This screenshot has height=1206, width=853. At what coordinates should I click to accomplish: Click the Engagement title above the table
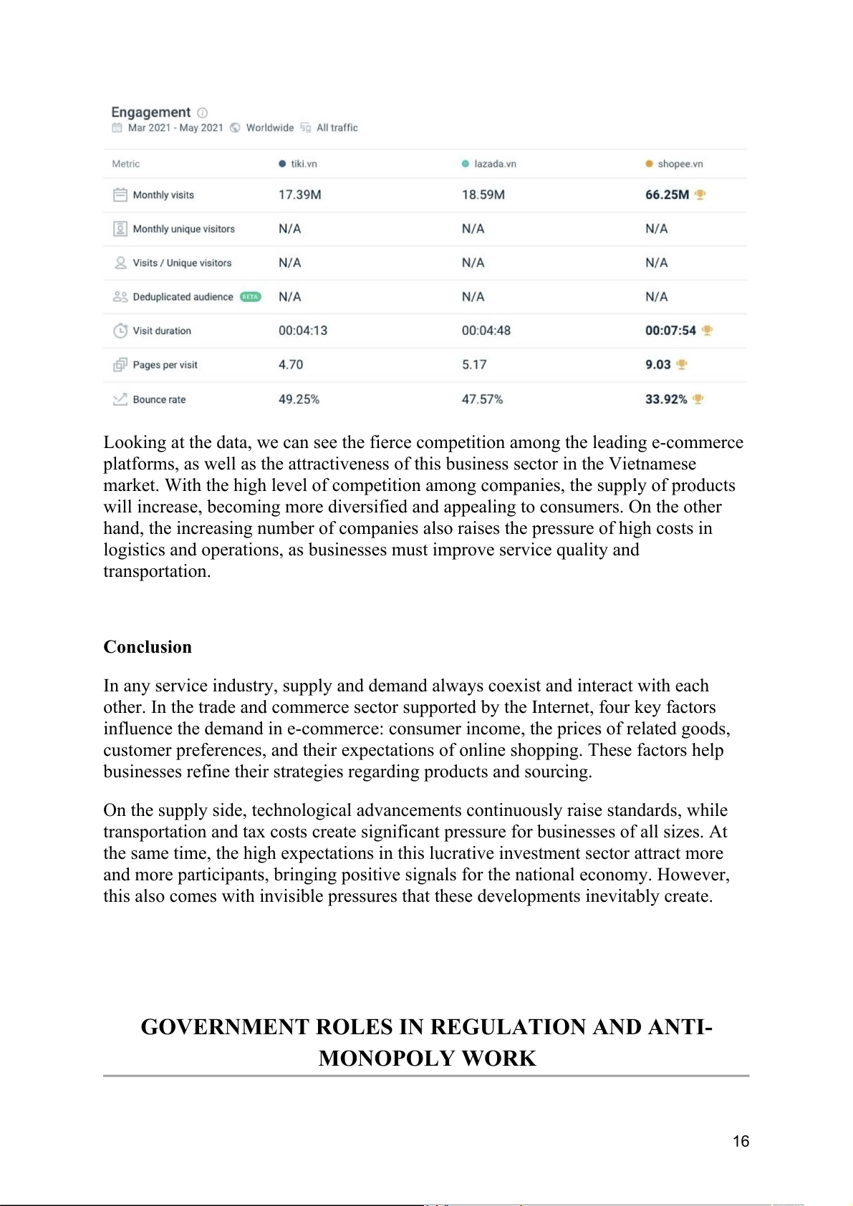(151, 112)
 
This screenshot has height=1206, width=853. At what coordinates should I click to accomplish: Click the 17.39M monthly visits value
(299, 195)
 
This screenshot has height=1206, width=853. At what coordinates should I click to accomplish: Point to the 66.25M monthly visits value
(667, 195)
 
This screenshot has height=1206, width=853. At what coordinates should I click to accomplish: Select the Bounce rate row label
(159, 399)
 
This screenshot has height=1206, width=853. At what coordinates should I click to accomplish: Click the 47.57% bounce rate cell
(482, 399)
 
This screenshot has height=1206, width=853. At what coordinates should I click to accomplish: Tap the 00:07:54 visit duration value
(670, 331)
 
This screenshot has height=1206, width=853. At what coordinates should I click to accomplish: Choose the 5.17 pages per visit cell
(474, 365)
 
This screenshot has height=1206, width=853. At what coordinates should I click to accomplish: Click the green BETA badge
(250, 297)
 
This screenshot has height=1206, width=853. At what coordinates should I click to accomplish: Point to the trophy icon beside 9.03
(682, 364)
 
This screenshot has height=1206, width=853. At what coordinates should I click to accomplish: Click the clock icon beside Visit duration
(120, 331)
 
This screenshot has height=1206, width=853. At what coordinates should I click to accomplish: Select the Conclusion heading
(148, 647)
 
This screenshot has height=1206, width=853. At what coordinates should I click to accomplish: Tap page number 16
(741, 1142)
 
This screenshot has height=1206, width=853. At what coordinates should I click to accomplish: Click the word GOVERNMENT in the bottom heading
(226, 1027)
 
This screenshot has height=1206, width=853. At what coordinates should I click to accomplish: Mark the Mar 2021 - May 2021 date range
(175, 128)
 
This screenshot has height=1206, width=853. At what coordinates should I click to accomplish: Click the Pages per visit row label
(165, 365)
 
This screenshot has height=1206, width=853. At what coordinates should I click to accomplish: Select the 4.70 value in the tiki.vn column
(291, 365)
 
